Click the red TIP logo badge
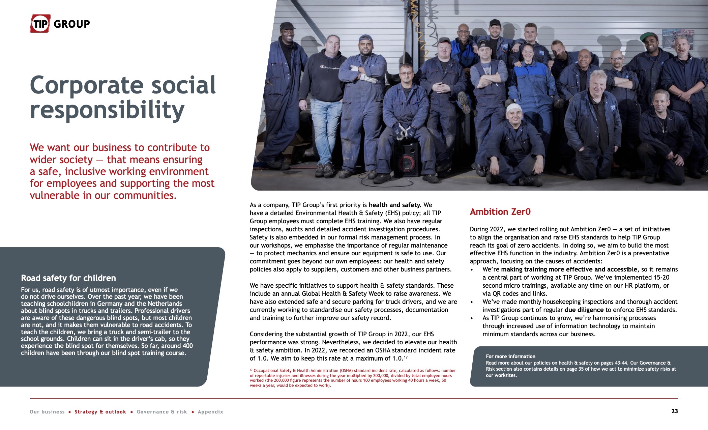pos(40,24)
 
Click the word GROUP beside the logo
pos(72,24)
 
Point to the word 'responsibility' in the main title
pos(107,110)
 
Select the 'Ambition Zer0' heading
pos(500,212)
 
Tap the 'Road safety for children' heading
pos(68,278)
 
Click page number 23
pos(674,411)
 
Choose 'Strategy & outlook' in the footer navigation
pos(100,412)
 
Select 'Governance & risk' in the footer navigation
pos(161,412)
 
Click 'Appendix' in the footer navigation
pos(210,412)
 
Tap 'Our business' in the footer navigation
pos(47,412)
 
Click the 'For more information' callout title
pos(510,356)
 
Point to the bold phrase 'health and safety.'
pos(395,205)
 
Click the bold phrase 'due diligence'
pos(584,310)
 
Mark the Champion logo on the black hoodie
pos(330,68)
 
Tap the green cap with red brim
pos(649,36)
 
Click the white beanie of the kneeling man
pos(514,108)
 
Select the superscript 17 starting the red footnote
pos(251,370)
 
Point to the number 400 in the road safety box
pos(187,346)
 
